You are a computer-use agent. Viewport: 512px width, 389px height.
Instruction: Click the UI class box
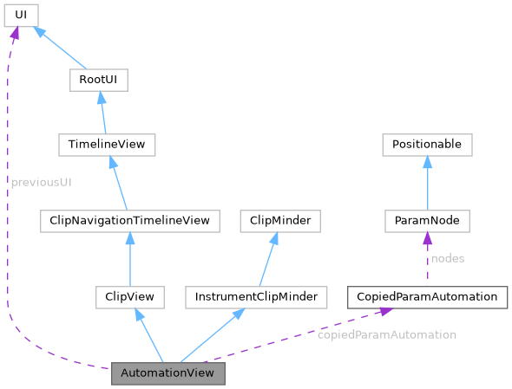[22, 15]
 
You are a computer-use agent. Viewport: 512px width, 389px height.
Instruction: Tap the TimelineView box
[107, 145]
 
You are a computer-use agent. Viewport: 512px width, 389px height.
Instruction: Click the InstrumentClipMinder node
[256, 297]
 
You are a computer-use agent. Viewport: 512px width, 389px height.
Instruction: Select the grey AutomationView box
[168, 373]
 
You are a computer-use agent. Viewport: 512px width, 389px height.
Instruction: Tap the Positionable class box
[427, 145]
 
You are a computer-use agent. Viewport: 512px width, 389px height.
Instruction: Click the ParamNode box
[427, 221]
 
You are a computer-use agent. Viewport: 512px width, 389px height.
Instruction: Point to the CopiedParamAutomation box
[427, 297]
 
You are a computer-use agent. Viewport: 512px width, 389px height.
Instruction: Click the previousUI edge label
[41, 183]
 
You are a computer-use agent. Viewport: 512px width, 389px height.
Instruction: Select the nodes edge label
[448, 258]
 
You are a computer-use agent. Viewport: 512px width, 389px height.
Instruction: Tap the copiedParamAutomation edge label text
[387, 334]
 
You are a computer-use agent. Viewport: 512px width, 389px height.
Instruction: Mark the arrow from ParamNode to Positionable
[427, 183]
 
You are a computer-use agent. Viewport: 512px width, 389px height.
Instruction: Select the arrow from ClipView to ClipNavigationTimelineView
[129, 259]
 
